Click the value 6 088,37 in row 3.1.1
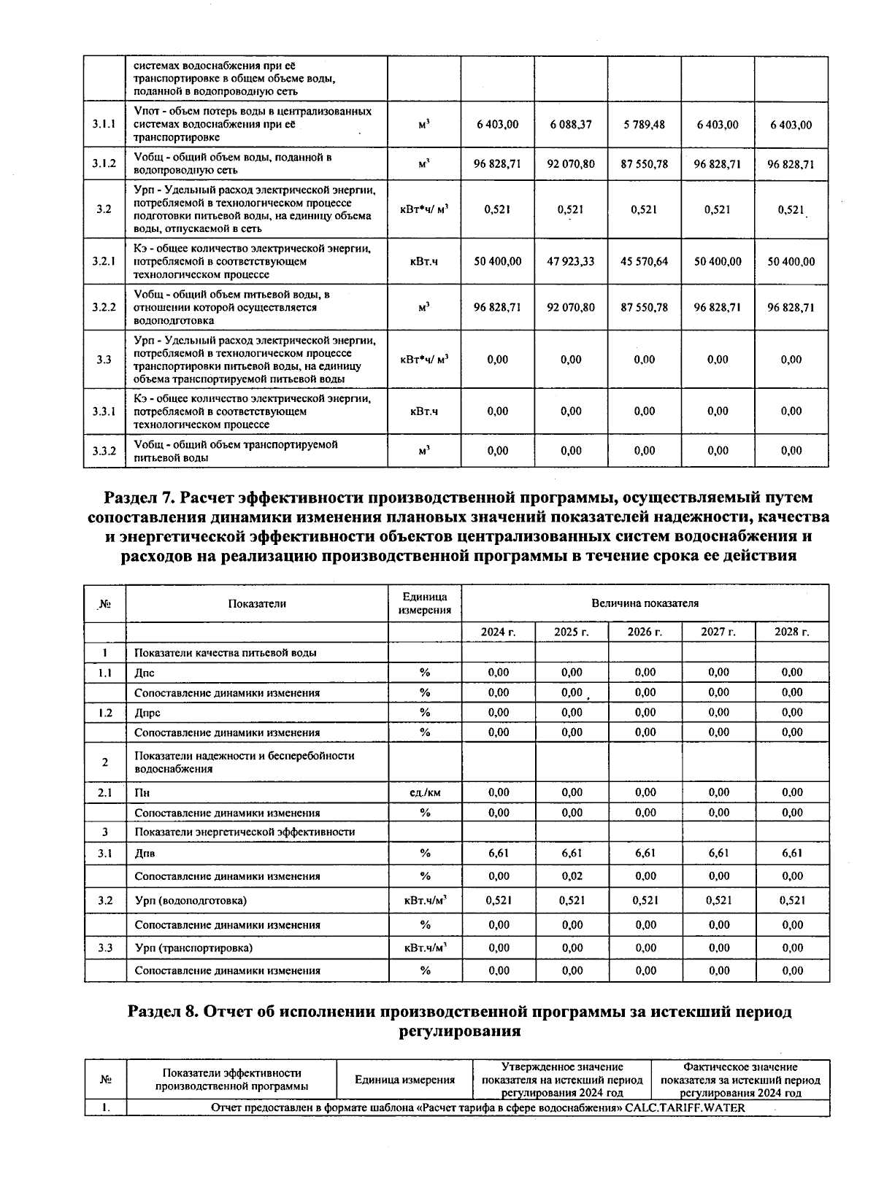(x=571, y=125)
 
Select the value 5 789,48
(x=644, y=125)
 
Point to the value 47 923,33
(x=571, y=261)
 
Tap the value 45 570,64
(x=644, y=261)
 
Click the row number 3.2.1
(x=104, y=261)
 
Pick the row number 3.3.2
(x=104, y=451)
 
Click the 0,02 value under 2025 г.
(x=572, y=876)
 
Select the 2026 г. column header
(x=645, y=632)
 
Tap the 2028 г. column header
(x=791, y=632)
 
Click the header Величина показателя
(x=645, y=603)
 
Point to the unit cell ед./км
(x=425, y=793)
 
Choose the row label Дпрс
(x=147, y=713)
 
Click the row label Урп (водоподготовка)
(x=191, y=901)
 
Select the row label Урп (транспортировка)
(x=193, y=948)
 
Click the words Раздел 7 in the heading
(x=140, y=498)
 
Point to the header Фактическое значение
(x=739, y=1067)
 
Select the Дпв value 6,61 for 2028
(x=791, y=854)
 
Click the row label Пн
(x=142, y=793)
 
